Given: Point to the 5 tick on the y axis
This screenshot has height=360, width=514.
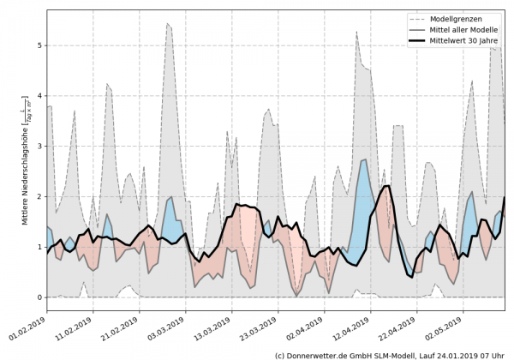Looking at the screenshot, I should click(x=39, y=45).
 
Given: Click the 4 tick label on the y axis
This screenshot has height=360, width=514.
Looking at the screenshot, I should click(x=39, y=96).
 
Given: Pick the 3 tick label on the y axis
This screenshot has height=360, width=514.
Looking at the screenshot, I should click(x=39, y=147).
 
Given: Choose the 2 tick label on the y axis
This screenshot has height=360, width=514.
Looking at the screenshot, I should click(x=39, y=196).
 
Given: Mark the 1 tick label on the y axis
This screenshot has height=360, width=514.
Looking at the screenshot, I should click(x=39, y=247).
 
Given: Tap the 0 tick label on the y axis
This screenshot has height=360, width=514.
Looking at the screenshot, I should click(x=39, y=297).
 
